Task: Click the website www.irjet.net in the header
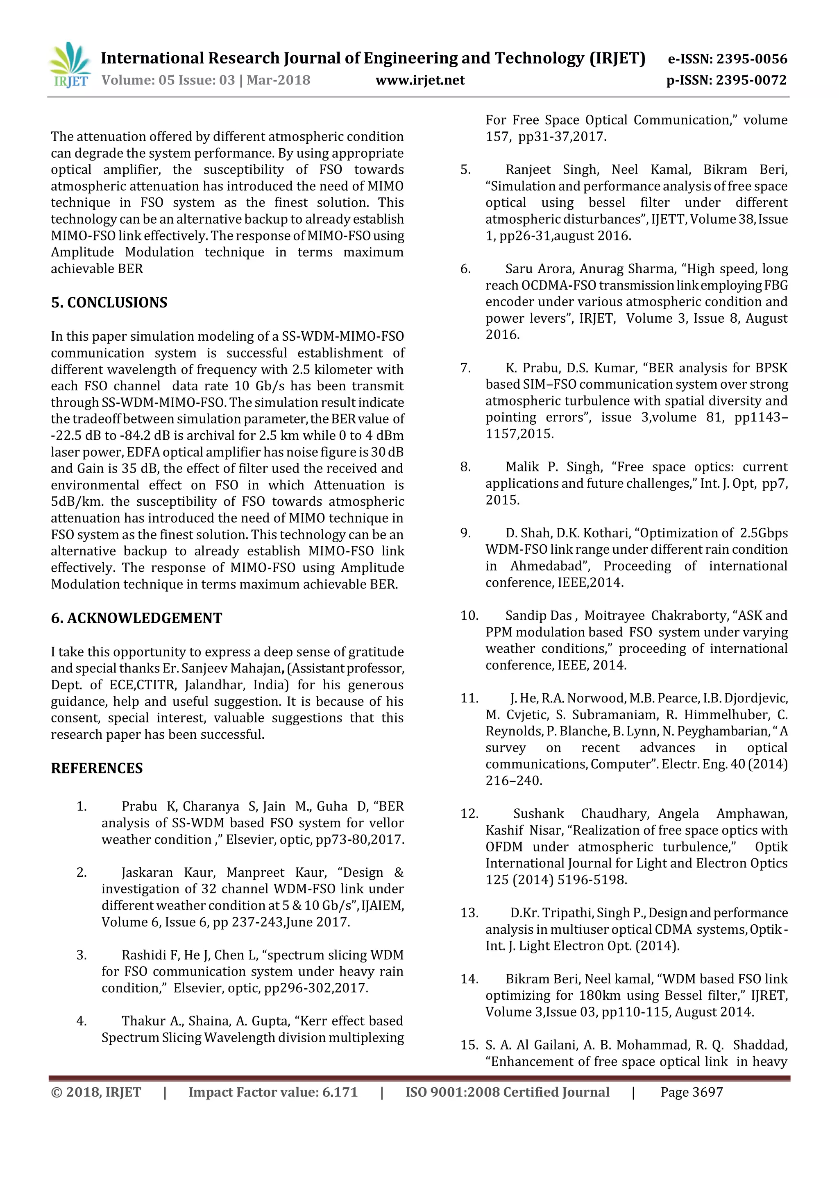419,80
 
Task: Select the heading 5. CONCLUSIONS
109,303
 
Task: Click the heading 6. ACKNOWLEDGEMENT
136,618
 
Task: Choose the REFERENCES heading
97,769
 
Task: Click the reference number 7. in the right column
465,368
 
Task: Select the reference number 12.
469,814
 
